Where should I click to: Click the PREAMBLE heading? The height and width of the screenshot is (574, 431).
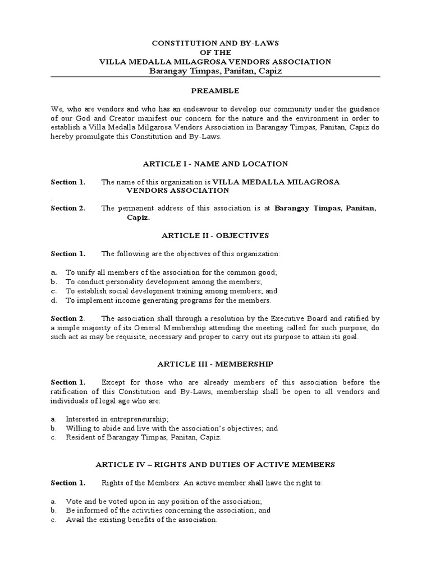pos(215,91)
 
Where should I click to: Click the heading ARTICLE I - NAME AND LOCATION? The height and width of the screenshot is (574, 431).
pos(215,164)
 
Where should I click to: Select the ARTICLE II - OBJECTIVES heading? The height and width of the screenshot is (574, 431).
pos(215,235)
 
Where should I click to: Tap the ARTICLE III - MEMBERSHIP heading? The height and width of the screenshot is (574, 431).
pos(215,364)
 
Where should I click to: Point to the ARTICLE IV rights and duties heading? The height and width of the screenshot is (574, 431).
pos(215,464)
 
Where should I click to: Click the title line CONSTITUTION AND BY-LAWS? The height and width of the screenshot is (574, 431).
pos(215,43)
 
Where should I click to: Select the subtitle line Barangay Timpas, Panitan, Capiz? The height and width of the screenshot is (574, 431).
pos(215,71)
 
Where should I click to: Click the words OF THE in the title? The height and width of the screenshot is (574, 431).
pos(215,52)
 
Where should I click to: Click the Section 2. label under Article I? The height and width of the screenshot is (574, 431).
pos(68,208)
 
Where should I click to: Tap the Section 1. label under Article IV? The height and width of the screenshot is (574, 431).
pos(68,483)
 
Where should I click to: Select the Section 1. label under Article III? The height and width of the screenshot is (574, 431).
pos(68,382)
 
